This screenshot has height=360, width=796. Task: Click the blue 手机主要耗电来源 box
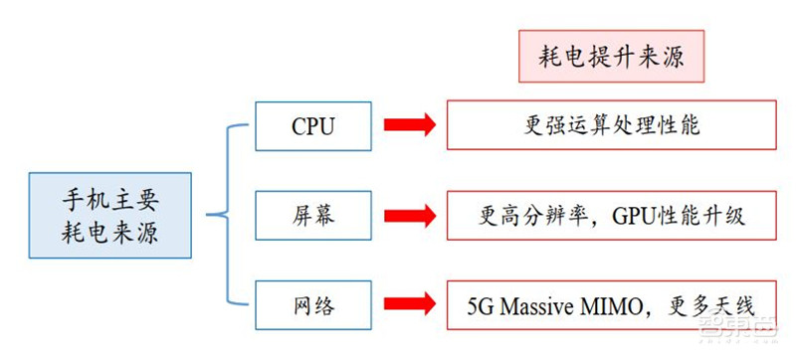[x=109, y=216]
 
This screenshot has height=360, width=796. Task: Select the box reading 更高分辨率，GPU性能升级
[x=611, y=215]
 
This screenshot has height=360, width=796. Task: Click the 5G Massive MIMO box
[x=611, y=302]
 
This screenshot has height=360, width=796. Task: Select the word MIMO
[x=635, y=302]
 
